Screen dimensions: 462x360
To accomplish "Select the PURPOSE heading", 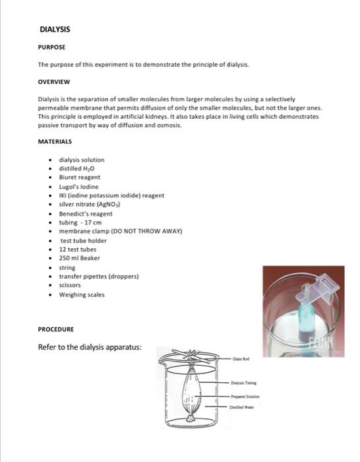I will pos(51,48).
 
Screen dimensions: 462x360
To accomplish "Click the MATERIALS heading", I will pos(55,142).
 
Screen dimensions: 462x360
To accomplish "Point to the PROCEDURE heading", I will pos(56,329).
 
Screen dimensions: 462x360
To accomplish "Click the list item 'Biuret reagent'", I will pos(80,178).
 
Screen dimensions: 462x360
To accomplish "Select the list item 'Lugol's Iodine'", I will pos(79,187).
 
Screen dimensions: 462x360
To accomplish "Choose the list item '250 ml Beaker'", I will pos(80,259).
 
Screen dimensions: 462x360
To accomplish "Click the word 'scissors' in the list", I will pos(70,286).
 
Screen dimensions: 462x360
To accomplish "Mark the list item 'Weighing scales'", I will pos(82,295).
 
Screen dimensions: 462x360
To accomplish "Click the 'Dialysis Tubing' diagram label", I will pos(243,381).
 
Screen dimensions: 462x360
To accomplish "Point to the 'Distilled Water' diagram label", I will pos(243,407).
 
